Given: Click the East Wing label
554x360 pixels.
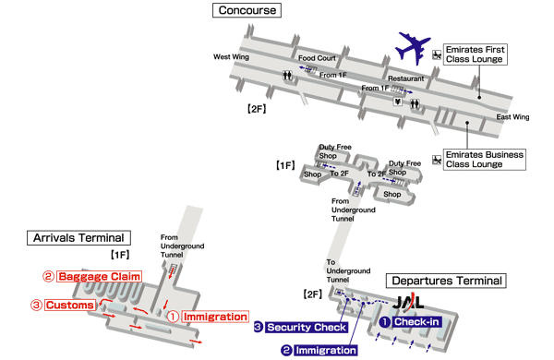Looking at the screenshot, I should tap(513, 117).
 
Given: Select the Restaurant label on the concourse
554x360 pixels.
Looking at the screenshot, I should tap(406, 78).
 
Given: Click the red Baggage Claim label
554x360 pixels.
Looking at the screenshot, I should tap(99, 276).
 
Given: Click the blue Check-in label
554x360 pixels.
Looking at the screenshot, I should tap(416, 321).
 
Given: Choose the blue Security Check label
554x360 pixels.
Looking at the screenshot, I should tap(307, 327).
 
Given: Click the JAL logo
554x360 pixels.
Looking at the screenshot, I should tap(410, 303).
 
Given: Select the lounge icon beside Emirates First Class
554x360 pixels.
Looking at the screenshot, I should tap(436, 54).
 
